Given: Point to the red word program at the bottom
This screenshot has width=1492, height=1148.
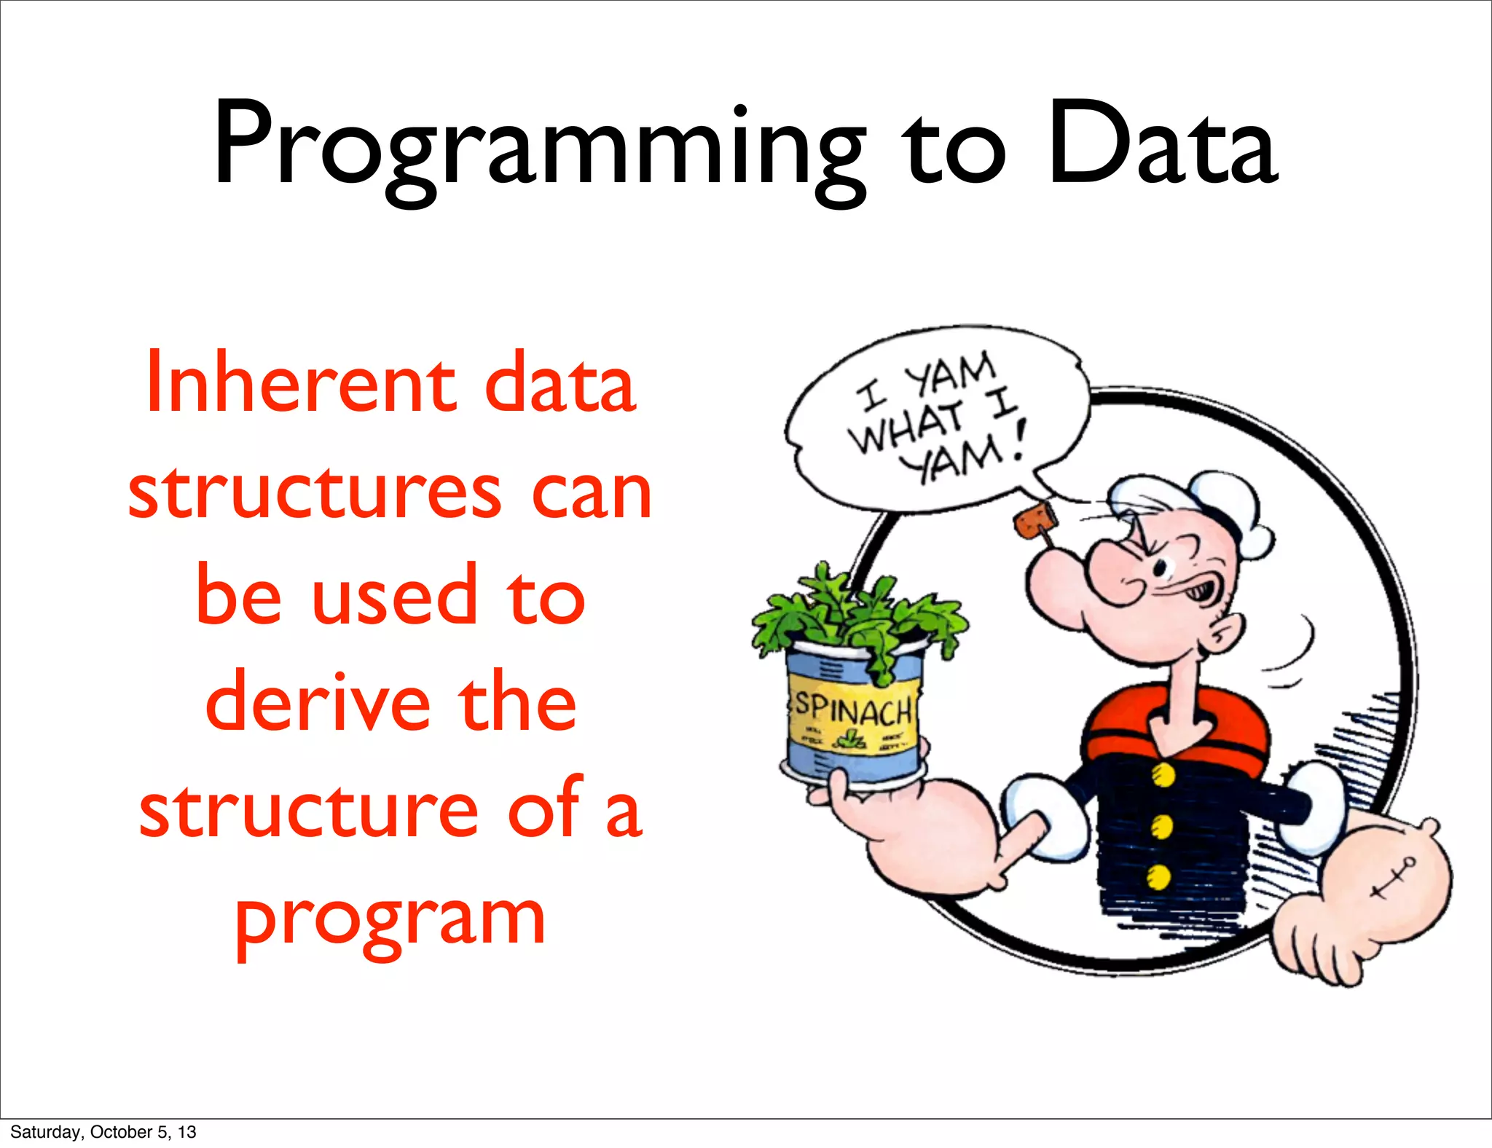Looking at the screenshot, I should pyautogui.click(x=390, y=919).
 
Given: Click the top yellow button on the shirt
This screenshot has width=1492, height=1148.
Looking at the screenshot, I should pyautogui.click(x=1163, y=774).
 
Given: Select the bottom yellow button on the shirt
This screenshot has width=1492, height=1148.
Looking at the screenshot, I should pyautogui.click(x=1158, y=877).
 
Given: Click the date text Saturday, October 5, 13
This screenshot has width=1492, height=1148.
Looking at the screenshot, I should pyautogui.click(x=103, y=1132).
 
